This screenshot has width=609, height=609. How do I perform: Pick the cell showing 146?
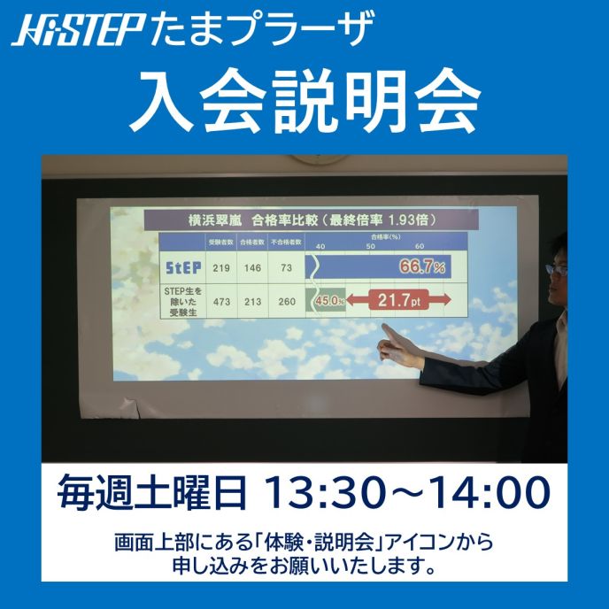[x=255, y=266]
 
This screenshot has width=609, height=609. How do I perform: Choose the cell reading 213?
[x=255, y=302]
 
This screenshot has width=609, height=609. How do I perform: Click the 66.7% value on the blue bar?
[x=422, y=266]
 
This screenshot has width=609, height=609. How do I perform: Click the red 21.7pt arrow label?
[x=398, y=301]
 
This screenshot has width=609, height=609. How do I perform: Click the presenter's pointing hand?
[x=393, y=342]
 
